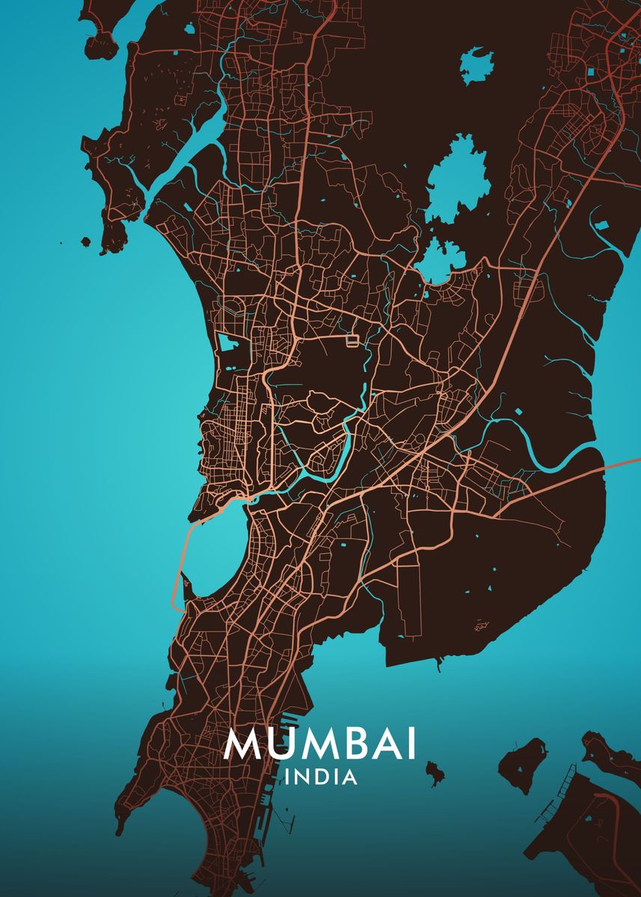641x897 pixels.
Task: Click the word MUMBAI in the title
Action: pos(319,744)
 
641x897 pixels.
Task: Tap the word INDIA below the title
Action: pos(321,778)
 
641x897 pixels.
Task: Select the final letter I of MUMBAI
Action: pos(410,744)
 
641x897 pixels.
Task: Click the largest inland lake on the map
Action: pos(457,179)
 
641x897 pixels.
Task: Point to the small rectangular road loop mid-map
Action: pos(352,341)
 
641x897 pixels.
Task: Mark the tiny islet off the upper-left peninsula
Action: pos(85,241)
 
